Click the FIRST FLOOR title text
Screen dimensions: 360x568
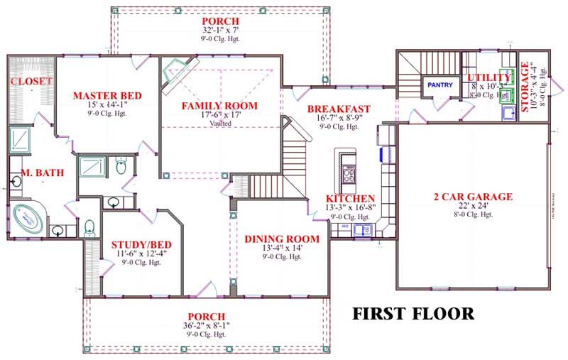tap(413, 314)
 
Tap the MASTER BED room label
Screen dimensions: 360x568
tap(107, 96)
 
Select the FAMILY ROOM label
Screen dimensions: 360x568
tap(219, 106)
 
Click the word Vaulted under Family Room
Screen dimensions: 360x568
tap(219, 123)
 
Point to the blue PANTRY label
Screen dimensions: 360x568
tap(439, 84)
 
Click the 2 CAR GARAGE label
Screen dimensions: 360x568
tap(473, 197)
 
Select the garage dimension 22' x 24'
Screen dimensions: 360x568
tap(473, 206)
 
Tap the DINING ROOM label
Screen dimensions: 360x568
tap(282, 239)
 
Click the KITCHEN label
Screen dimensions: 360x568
tap(350, 198)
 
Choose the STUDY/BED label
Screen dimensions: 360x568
tap(139, 244)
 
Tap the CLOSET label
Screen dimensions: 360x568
tap(31, 82)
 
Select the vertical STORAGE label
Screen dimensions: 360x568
tap(525, 87)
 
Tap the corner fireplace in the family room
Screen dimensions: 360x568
tap(173, 74)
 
